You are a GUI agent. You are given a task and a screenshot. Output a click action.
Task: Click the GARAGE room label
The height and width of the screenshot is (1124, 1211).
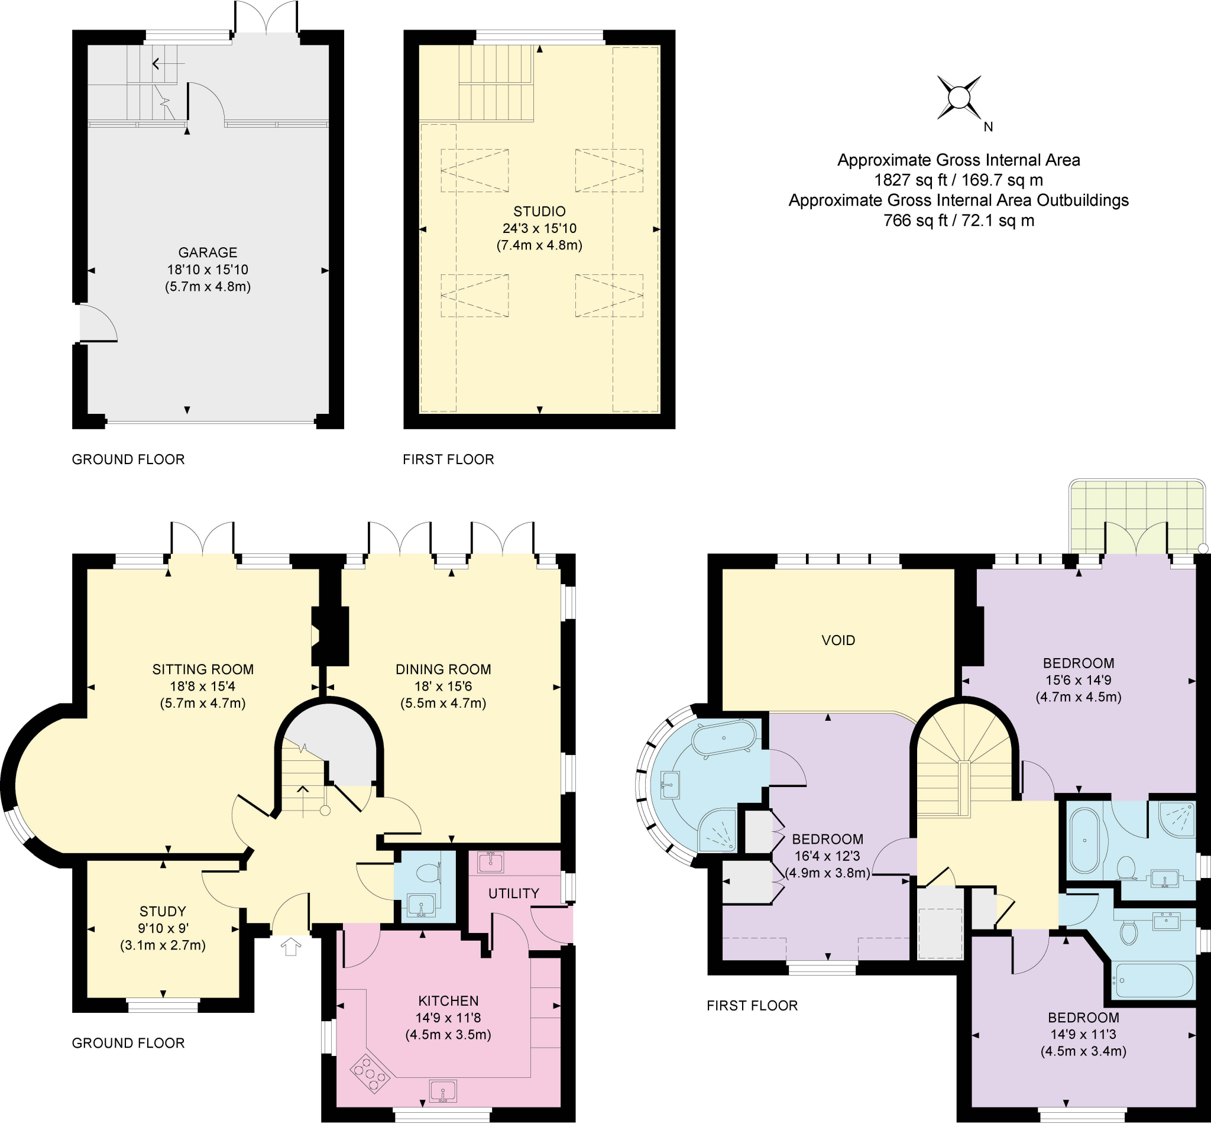pyautogui.click(x=208, y=252)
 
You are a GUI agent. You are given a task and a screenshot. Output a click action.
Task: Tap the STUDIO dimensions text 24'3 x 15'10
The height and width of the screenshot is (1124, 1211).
pyautogui.click(x=539, y=229)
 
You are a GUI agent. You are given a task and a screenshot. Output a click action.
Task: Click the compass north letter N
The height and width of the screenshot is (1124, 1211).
pyautogui.click(x=987, y=127)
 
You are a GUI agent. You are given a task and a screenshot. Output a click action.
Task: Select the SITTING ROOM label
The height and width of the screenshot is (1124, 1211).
pyautogui.click(x=203, y=670)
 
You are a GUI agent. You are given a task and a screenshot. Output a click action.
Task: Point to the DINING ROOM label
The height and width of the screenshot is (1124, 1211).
pyautogui.click(x=443, y=670)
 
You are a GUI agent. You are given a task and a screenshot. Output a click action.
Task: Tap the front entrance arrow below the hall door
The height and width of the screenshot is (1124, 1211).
pyautogui.click(x=292, y=947)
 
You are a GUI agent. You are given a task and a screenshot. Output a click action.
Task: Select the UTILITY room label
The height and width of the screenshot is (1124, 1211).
pyautogui.click(x=513, y=893)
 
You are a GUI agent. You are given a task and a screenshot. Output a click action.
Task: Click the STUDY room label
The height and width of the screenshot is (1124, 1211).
pyautogui.click(x=163, y=911)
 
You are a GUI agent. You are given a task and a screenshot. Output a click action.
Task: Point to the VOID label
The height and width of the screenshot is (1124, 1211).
pyautogui.click(x=838, y=640)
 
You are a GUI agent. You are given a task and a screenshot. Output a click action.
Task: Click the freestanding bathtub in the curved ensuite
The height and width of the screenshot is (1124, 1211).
pyautogui.click(x=725, y=738)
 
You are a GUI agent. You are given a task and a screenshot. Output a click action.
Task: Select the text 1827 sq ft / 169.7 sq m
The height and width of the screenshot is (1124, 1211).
pyautogui.click(x=959, y=180)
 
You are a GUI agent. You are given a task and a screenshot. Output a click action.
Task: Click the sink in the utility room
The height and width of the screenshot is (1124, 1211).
pyautogui.click(x=491, y=862)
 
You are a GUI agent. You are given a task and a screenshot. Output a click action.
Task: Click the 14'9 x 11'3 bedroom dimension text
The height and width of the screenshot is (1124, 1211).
pyautogui.click(x=1083, y=1034)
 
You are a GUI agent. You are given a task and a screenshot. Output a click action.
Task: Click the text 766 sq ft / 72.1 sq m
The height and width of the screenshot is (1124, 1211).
pyautogui.click(x=959, y=220)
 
